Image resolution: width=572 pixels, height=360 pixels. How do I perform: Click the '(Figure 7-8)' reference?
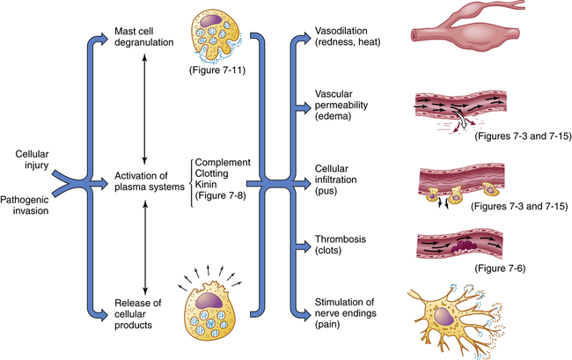pos(224,198)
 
